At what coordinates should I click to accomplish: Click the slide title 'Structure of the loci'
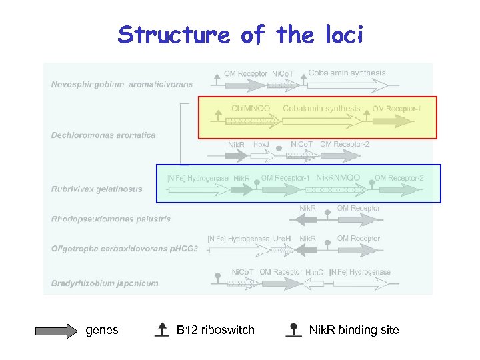pos(240,35)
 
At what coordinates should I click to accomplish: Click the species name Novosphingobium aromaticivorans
pos(122,85)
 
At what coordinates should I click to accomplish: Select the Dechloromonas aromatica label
pos(103,135)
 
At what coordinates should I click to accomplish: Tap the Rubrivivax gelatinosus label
pos(97,189)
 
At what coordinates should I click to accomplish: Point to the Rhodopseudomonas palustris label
pos(111,219)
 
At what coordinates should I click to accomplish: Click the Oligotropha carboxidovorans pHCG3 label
pos(125,249)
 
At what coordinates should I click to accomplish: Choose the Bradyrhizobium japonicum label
pos(105,283)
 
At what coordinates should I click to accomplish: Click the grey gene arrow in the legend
pos(57,330)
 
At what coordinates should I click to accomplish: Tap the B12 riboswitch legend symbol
pos(161,329)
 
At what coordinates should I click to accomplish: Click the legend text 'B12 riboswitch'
pos(215,330)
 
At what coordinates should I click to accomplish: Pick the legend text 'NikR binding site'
pos(354,330)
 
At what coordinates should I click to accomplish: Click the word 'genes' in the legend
pos(102,330)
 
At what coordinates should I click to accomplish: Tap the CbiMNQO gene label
pos(251,108)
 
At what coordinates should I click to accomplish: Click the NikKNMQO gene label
pos(338,178)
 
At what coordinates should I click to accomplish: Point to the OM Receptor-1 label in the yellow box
pos(397,109)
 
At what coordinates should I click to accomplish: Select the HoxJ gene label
pos(261,144)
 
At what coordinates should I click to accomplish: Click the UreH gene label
pos(282,239)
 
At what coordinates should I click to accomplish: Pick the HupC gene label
pos(314,273)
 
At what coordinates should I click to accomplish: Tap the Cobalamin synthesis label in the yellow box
pos(321,108)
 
